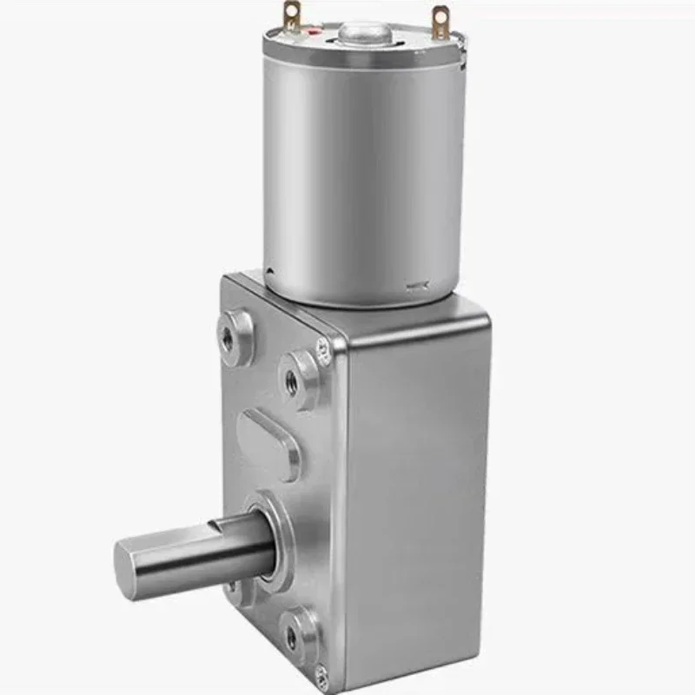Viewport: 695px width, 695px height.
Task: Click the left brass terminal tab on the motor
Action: pyautogui.click(x=291, y=17)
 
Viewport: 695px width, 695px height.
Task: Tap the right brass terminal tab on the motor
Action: pyautogui.click(x=441, y=22)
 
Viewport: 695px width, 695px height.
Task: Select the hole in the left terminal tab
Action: pyautogui.click(x=291, y=13)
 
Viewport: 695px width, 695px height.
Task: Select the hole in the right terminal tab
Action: pyautogui.click(x=442, y=17)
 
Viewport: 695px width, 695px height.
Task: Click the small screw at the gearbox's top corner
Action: pyautogui.click(x=322, y=350)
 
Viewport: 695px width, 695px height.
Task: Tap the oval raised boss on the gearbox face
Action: pyautogui.click(x=269, y=444)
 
